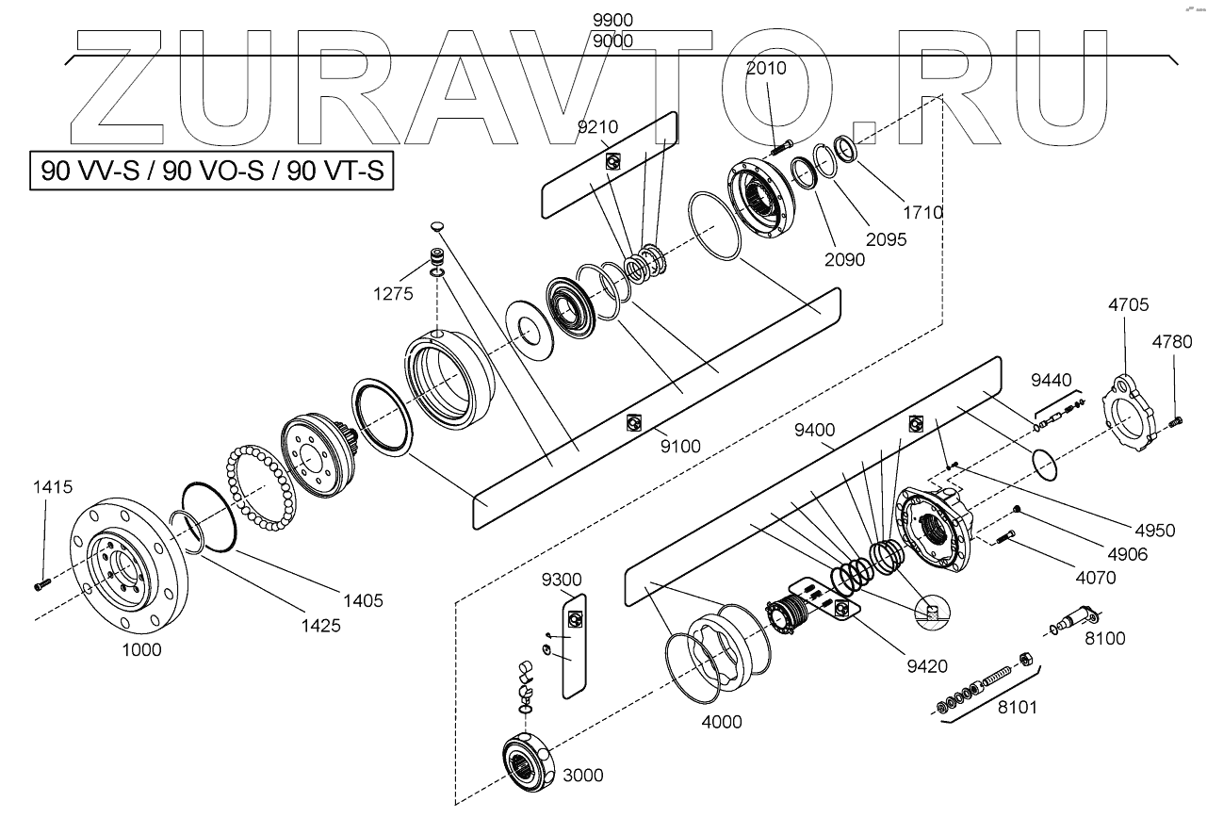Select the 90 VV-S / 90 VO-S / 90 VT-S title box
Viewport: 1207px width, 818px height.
click(x=211, y=172)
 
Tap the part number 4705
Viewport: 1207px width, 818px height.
click(x=1129, y=305)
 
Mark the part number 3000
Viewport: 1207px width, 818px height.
click(x=582, y=776)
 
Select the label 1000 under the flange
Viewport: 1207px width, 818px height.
click(x=141, y=649)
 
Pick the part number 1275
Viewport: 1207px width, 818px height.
click(x=393, y=293)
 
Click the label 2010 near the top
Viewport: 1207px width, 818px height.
click(x=765, y=68)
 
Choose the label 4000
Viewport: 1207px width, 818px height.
click(x=722, y=722)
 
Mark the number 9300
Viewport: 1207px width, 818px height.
click(x=562, y=579)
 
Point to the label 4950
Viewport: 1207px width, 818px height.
click(x=1155, y=531)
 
